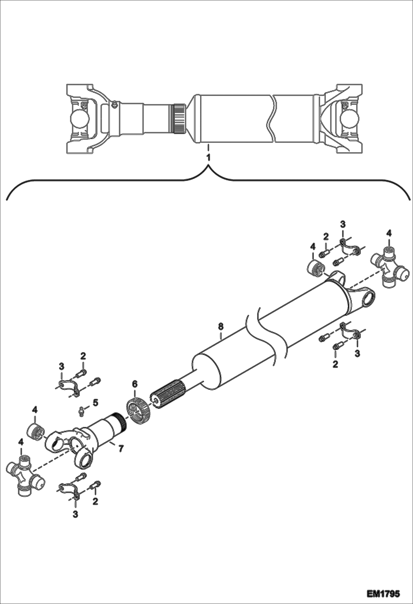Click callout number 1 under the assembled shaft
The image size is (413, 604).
(208, 157)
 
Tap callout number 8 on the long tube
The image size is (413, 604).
(220, 327)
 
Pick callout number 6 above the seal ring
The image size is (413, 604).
(135, 384)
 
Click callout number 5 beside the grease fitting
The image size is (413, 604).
(95, 403)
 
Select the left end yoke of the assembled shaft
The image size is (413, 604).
(83, 118)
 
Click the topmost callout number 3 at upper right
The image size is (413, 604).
(342, 224)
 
